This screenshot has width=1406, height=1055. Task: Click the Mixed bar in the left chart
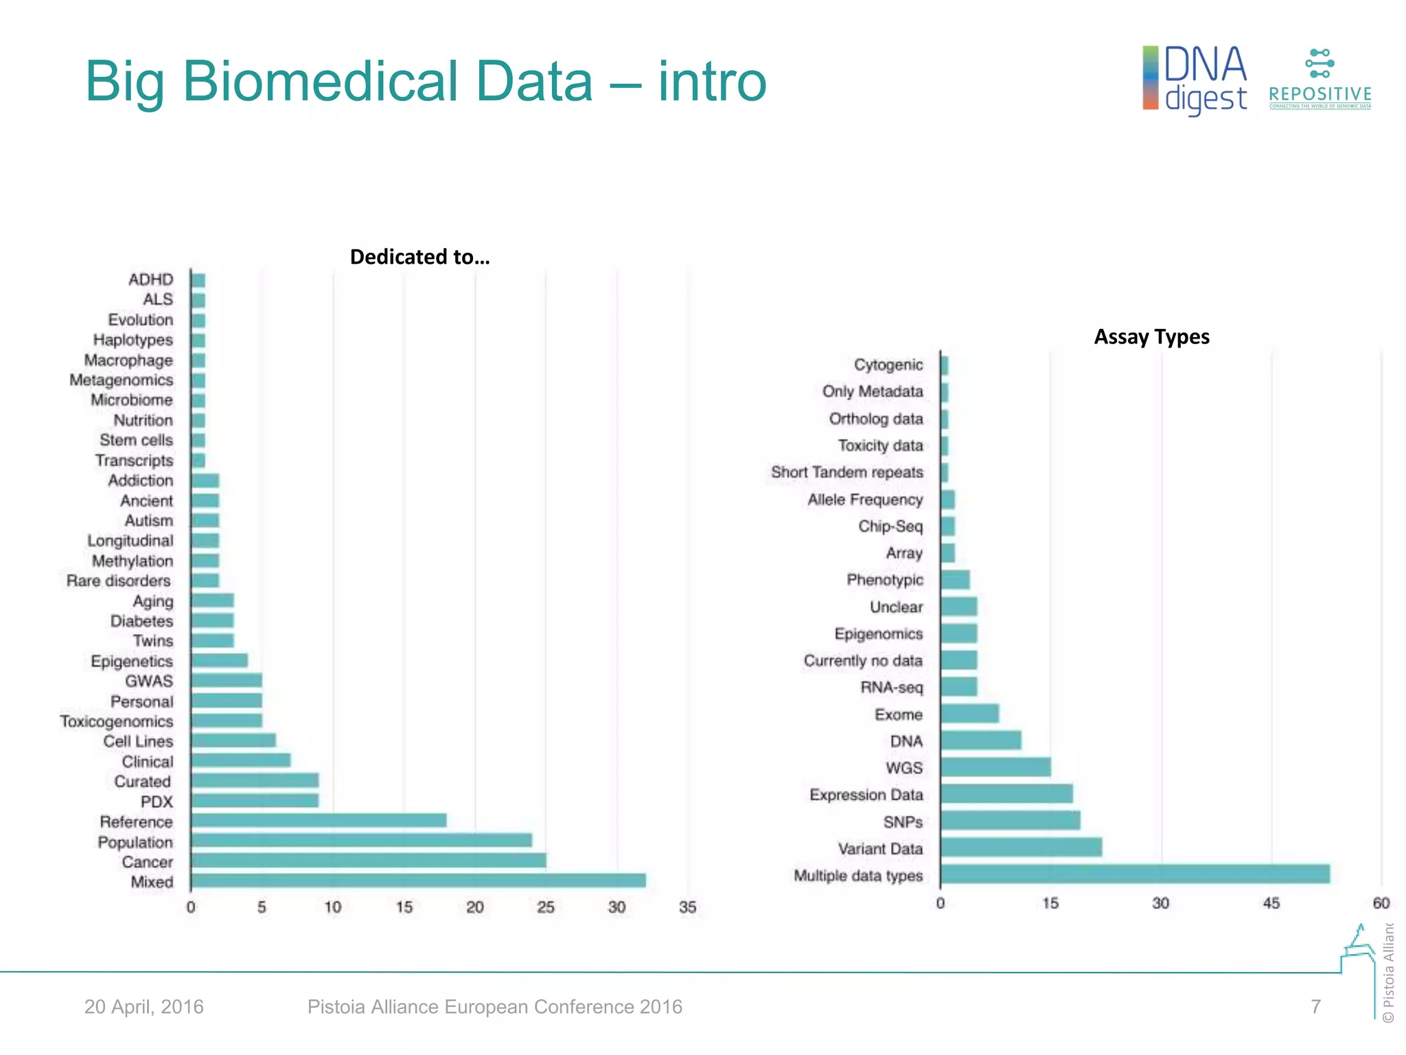click(x=418, y=881)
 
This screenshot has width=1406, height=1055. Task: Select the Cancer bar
click(x=369, y=861)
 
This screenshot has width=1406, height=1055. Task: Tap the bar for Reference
click(x=319, y=820)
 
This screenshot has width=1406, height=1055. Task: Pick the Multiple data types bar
click(x=1135, y=874)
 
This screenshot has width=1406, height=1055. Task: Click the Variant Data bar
click(x=1021, y=848)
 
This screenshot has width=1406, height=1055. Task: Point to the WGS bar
click(x=995, y=767)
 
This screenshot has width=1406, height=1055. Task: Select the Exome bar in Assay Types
click(x=969, y=714)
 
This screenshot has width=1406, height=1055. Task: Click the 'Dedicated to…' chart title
click(x=419, y=257)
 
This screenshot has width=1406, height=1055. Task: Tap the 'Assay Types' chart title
click(x=1151, y=337)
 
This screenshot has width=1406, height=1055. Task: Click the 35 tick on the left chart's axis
click(x=688, y=907)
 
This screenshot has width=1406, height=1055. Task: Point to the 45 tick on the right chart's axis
click(x=1271, y=903)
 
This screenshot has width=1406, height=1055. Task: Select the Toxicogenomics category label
click(x=117, y=721)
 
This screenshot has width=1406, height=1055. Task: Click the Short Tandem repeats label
click(x=846, y=473)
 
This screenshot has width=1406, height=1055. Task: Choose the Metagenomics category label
click(x=122, y=380)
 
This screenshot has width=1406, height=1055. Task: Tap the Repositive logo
click(x=1319, y=79)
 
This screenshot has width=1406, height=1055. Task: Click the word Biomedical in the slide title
click(x=387, y=82)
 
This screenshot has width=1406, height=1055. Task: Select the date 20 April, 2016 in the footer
click(x=144, y=1007)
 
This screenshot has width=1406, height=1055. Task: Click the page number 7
click(x=1315, y=1007)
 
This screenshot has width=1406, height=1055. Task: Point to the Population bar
click(x=362, y=840)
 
